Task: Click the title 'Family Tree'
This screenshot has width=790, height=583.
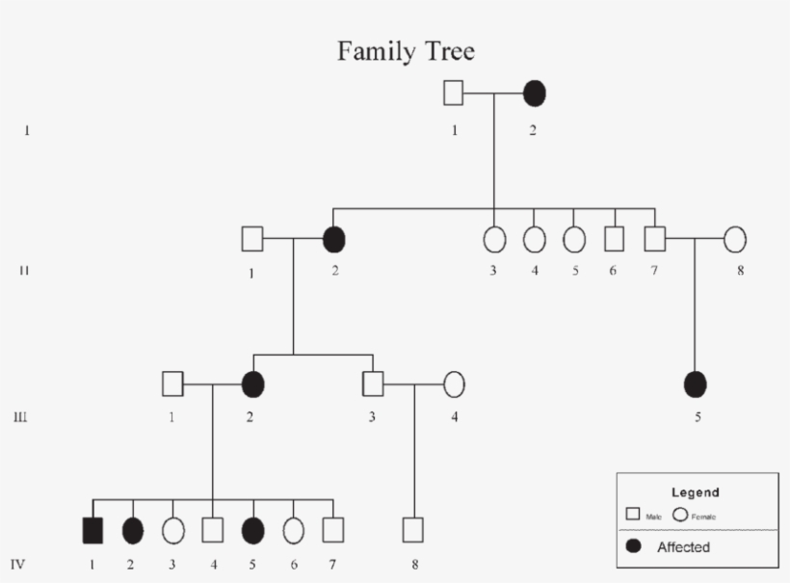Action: coord(406,51)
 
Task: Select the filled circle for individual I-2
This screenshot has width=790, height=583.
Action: coord(535,93)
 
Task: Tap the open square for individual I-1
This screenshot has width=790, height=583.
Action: coord(454,93)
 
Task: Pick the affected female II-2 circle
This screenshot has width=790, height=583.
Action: coord(334,238)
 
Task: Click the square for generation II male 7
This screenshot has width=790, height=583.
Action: coord(654,238)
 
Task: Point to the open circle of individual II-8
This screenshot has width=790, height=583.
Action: coord(736,238)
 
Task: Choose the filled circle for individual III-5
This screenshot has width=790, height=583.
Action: coord(695,384)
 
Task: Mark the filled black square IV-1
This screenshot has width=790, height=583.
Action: coord(92,529)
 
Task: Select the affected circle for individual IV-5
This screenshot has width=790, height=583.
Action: coord(252,529)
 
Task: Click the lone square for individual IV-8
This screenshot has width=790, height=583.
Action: coord(413,529)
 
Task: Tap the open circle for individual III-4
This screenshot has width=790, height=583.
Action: coord(455,384)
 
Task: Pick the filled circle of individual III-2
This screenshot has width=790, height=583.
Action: coord(252,384)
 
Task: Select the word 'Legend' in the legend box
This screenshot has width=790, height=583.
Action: coord(696,492)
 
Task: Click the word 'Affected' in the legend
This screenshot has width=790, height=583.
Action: coord(683,547)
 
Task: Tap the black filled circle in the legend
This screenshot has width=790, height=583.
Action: coord(635,547)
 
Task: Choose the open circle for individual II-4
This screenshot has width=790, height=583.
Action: coord(534,238)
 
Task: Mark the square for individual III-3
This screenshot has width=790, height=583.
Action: coord(374,384)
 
